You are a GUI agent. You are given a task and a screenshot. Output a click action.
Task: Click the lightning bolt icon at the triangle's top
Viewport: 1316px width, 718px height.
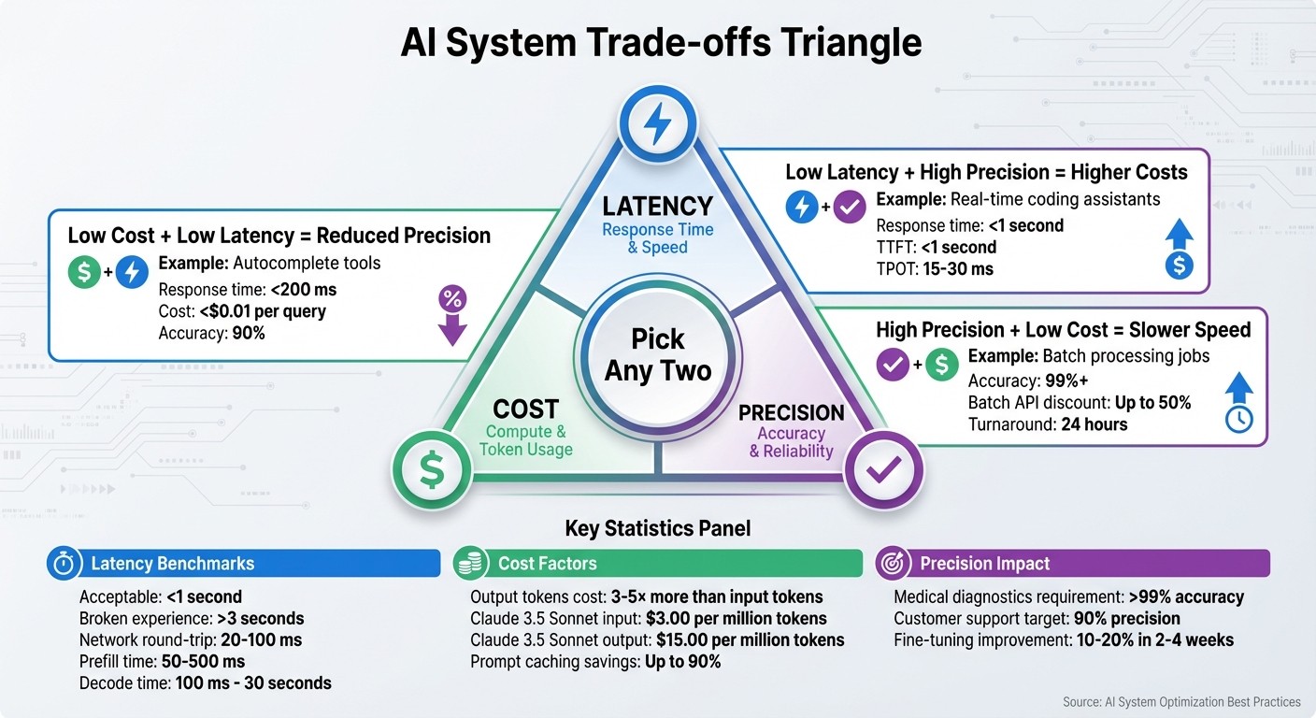point(657,122)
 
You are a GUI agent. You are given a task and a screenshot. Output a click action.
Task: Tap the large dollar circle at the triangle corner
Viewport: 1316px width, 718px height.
point(431,471)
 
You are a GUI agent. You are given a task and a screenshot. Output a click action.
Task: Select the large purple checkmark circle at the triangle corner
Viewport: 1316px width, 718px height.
point(883,471)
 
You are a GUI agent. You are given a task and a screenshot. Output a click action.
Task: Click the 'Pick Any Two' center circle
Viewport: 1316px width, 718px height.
point(657,354)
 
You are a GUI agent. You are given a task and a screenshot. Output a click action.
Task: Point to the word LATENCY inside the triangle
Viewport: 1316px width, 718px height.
point(657,206)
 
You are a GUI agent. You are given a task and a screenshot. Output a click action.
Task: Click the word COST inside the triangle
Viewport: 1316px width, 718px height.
point(525,409)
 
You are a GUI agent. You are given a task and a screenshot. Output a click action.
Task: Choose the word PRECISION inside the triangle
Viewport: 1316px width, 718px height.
point(791,412)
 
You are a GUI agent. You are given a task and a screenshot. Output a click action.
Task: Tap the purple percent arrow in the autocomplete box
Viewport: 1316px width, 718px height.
point(452,315)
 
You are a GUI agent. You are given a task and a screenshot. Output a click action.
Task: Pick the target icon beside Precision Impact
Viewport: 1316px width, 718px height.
point(893,564)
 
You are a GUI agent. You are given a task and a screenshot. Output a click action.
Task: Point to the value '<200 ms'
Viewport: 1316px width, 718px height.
point(303,289)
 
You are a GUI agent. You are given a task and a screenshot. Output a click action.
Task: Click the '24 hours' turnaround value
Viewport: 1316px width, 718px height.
point(1094,424)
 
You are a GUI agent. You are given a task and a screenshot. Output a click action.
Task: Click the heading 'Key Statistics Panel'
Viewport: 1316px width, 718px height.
point(657,529)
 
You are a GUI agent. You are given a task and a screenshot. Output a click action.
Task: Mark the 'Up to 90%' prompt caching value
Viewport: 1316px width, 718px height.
point(682,662)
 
